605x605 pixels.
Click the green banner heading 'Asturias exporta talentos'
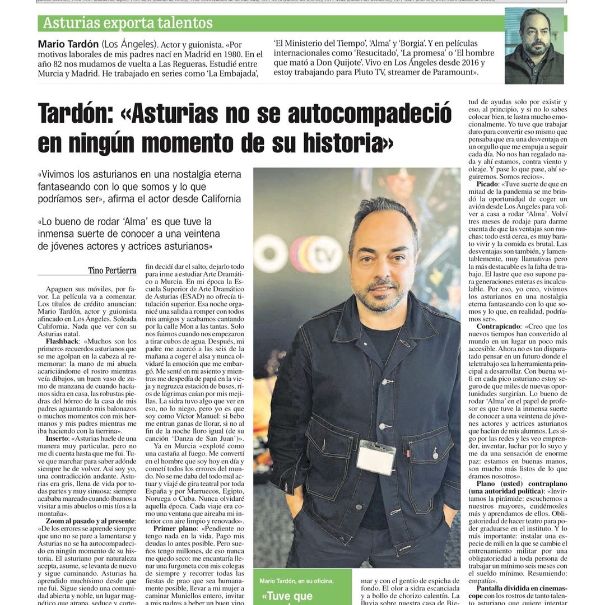click(x=128, y=23)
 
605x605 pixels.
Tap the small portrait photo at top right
click(x=534, y=45)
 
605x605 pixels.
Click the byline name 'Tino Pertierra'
click(x=112, y=271)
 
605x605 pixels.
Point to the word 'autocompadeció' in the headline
click(x=369, y=114)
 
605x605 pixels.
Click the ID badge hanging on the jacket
click(x=376, y=457)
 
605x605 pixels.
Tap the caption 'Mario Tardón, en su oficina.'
click(x=297, y=581)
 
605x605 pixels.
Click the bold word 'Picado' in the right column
click(x=486, y=184)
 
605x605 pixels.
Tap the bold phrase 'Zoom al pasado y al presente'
click(x=87, y=520)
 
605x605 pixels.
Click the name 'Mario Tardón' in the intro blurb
click(x=68, y=44)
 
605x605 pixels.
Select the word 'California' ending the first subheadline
click(x=216, y=199)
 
